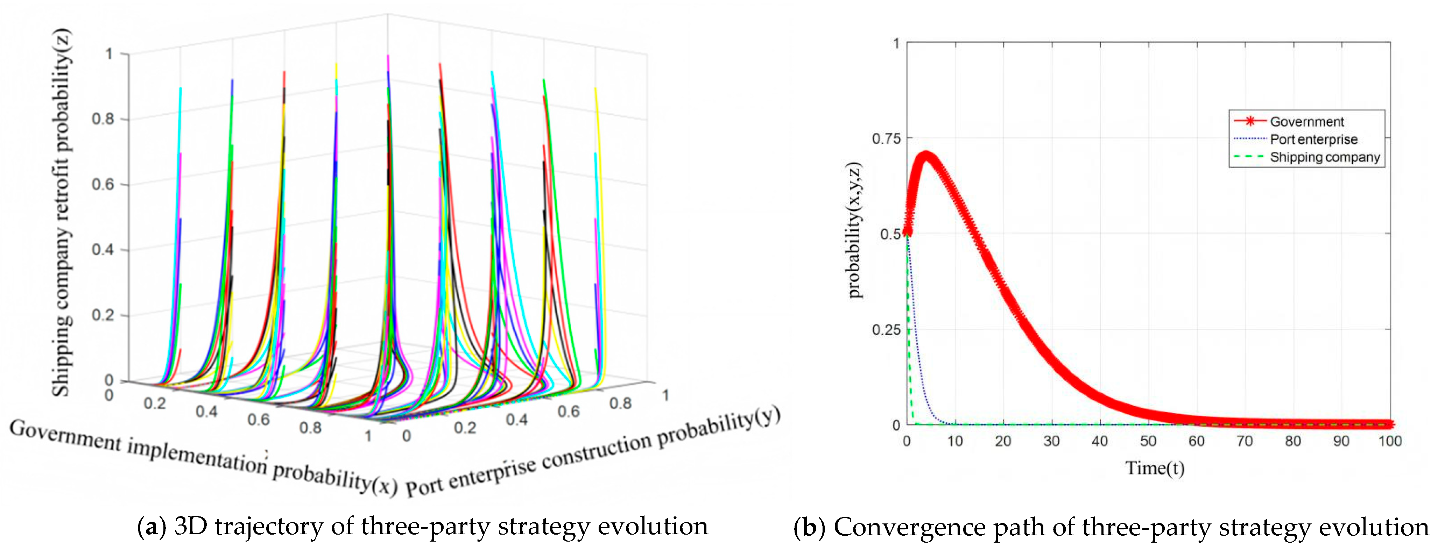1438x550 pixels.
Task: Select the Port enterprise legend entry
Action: (x=1295, y=139)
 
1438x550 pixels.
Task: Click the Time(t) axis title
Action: (x=1154, y=467)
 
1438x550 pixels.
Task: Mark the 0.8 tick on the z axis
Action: (x=103, y=119)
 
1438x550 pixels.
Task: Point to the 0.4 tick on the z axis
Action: (x=103, y=249)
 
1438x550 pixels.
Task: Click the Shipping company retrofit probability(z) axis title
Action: (x=62, y=212)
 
